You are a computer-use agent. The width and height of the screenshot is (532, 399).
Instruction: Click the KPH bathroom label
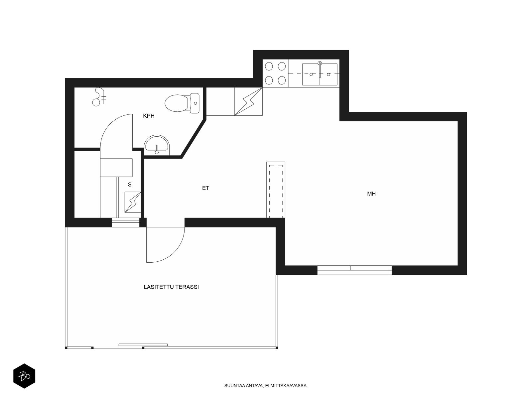pyautogui.click(x=149, y=116)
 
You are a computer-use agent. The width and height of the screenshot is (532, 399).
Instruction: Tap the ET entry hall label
pyautogui.click(x=205, y=188)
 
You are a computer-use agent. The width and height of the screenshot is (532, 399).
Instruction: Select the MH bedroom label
pyautogui.click(x=371, y=194)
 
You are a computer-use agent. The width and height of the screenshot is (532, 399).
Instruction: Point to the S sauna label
pyautogui.click(x=130, y=185)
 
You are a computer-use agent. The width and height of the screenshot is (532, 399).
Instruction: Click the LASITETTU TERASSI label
pyautogui.click(x=171, y=287)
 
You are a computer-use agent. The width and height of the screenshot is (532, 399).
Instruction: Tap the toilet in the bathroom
pyautogui.click(x=182, y=103)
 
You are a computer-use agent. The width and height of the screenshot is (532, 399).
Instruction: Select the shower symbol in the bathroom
pyautogui.click(x=99, y=97)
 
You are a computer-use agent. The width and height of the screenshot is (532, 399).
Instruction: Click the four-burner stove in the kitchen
pyautogui.click(x=275, y=73)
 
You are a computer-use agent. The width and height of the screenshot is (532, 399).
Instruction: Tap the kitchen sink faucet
pyautogui.click(x=320, y=70)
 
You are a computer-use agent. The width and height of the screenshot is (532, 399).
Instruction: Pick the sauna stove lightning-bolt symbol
pyautogui.click(x=133, y=202)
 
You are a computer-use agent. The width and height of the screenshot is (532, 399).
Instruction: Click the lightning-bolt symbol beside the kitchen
pyautogui.click(x=248, y=101)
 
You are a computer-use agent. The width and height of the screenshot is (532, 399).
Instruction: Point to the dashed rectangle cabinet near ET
pyautogui.click(x=276, y=190)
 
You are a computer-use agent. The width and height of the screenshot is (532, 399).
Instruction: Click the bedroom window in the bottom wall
pyautogui.click(x=354, y=270)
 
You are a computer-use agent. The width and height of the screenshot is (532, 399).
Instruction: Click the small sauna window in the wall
pyautogui.click(x=126, y=222)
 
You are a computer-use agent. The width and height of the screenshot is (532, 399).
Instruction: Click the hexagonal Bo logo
pyautogui.click(x=24, y=376)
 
